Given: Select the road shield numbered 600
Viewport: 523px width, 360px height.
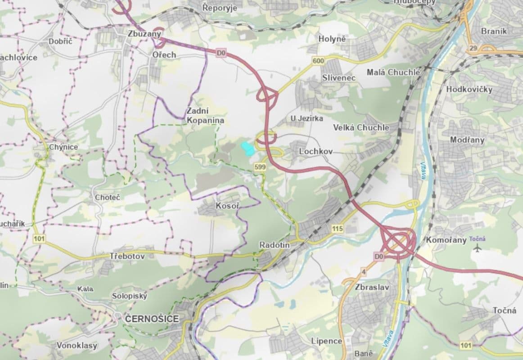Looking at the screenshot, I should pyautogui.click(x=318, y=61).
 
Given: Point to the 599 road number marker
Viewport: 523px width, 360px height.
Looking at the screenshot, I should pyautogui.click(x=260, y=166).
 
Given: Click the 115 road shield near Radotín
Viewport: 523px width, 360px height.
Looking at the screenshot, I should pyautogui.click(x=337, y=229).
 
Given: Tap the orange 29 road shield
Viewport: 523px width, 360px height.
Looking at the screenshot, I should pyautogui.click(x=473, y=48).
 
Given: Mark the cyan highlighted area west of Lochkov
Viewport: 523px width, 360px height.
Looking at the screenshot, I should pyautogui.click(x=247, y=148).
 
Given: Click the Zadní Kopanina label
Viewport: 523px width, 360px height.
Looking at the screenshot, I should pyautogui.click(x=205, y=116).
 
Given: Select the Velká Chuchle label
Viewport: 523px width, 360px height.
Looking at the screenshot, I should pyautogui.click(x=361, y=127).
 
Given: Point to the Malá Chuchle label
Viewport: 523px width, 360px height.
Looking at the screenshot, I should pyautogui.click(x=393, y=72).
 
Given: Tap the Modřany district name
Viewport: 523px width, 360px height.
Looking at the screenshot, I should pyautogui.click(x=467, y=139).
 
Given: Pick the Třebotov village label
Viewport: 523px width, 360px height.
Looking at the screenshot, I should pyautogui.click(x=127, y=256).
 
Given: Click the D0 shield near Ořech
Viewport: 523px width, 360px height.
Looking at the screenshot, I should pyautogui.click(x=221, y=53).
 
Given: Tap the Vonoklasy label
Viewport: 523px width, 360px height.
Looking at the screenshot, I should pyautogui.click(x=77, y=345).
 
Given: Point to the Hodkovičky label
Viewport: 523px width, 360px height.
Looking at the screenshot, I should pyautogui.click(x=469, y=89).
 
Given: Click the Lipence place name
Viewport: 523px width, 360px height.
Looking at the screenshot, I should pyautogui.click(x=326, y=341).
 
